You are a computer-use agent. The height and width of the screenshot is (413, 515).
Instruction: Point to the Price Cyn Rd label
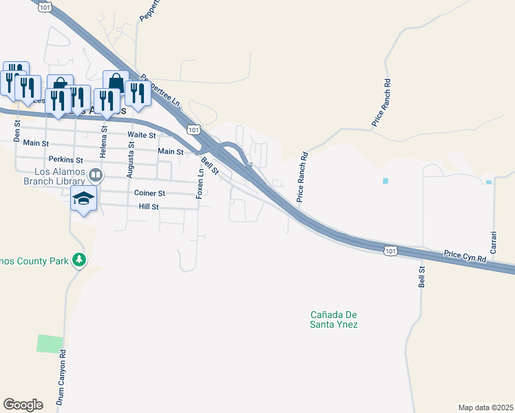coord(465,256)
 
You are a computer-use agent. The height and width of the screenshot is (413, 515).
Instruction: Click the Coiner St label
coord(151,193)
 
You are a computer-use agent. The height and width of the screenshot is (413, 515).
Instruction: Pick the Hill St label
coord(149,206)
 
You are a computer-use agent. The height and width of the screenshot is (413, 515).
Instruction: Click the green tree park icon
coord(81,260)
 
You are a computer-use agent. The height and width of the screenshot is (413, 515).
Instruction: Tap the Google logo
coord(23,405)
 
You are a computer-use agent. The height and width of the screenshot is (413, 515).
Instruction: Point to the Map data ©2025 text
coord(485,407)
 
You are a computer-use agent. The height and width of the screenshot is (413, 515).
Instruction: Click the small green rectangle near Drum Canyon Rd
coord(50,343)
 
